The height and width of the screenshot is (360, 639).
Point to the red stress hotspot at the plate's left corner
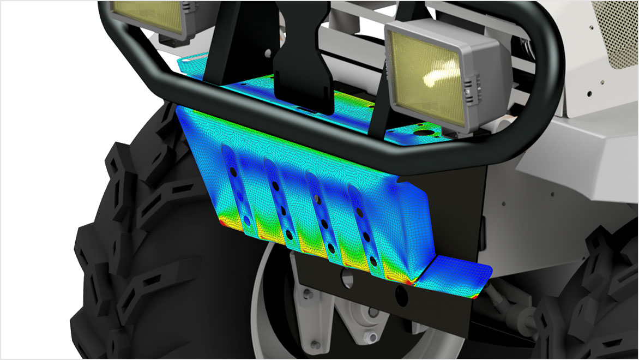221,223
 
